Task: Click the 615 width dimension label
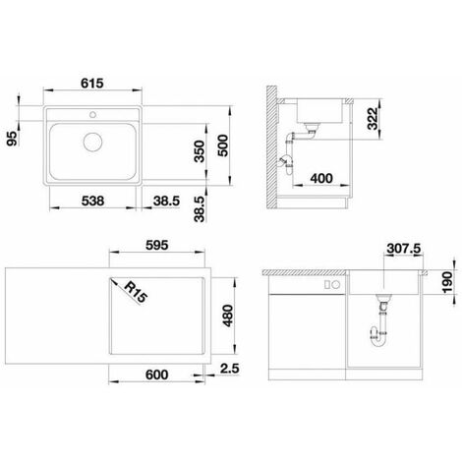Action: click(92, 84)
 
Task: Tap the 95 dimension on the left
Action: click(13, 139)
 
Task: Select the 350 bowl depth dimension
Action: click(200, 151)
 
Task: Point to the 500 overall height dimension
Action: click(223, 145)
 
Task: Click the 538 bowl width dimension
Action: click(92, 201)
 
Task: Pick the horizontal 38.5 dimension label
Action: click(166, 201)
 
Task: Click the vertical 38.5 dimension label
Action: click(200, 209)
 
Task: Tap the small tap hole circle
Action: click(92, 114)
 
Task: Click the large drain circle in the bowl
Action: click(92, 142)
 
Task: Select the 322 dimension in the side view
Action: click(373, 119)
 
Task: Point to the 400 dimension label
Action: click(321, 179)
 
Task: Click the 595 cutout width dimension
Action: click(157, 245)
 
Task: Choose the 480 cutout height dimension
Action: click(228, 316)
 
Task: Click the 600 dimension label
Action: click(157, 375)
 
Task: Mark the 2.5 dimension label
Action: click(230, 369)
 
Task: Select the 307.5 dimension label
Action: click(404, 249)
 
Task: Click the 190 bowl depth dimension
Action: click(447, 282)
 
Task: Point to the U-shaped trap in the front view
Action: click(379, 339)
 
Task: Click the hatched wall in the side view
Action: click(272, 147)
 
